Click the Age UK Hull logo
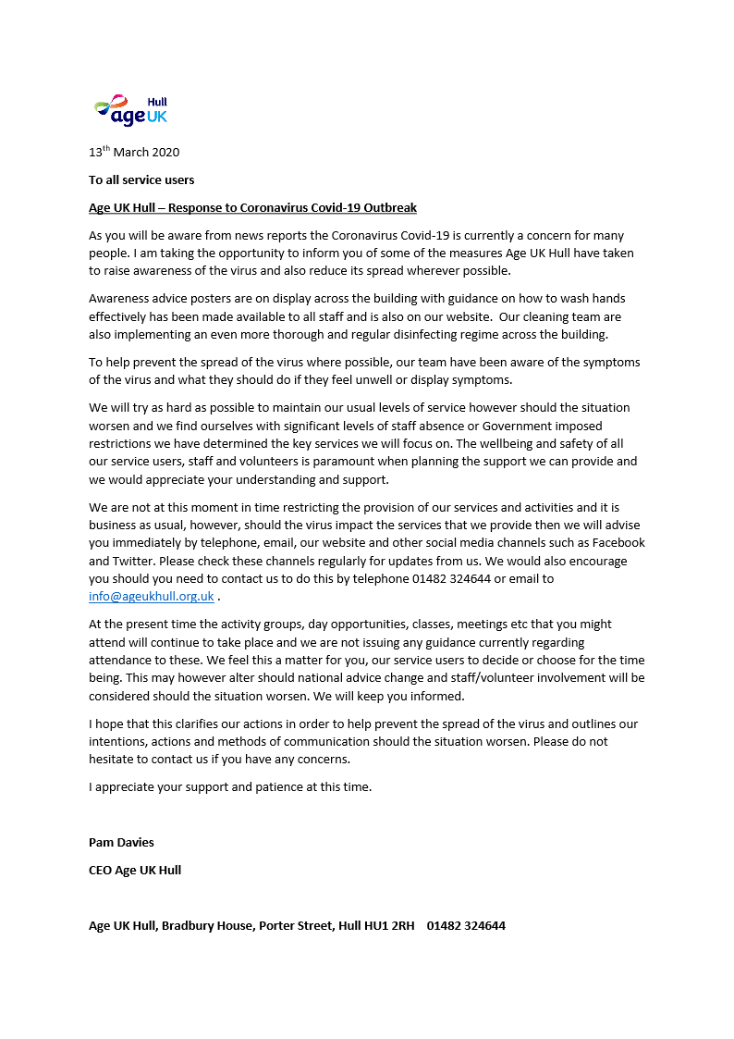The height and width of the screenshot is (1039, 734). tap(130, 110)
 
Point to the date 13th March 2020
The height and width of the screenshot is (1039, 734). tap(134, 153)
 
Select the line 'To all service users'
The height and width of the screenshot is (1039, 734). tap(141, 179)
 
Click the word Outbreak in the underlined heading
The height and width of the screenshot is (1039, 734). tap(388, 207)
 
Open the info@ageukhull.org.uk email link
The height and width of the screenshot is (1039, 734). tap(152, 597)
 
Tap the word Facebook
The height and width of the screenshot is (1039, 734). tap(617, 543)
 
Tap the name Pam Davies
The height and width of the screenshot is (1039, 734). tap(121, 842)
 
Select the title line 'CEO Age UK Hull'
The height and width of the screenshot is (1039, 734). tap(135, 870)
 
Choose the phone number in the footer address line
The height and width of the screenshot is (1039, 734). tap(466, 925)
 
